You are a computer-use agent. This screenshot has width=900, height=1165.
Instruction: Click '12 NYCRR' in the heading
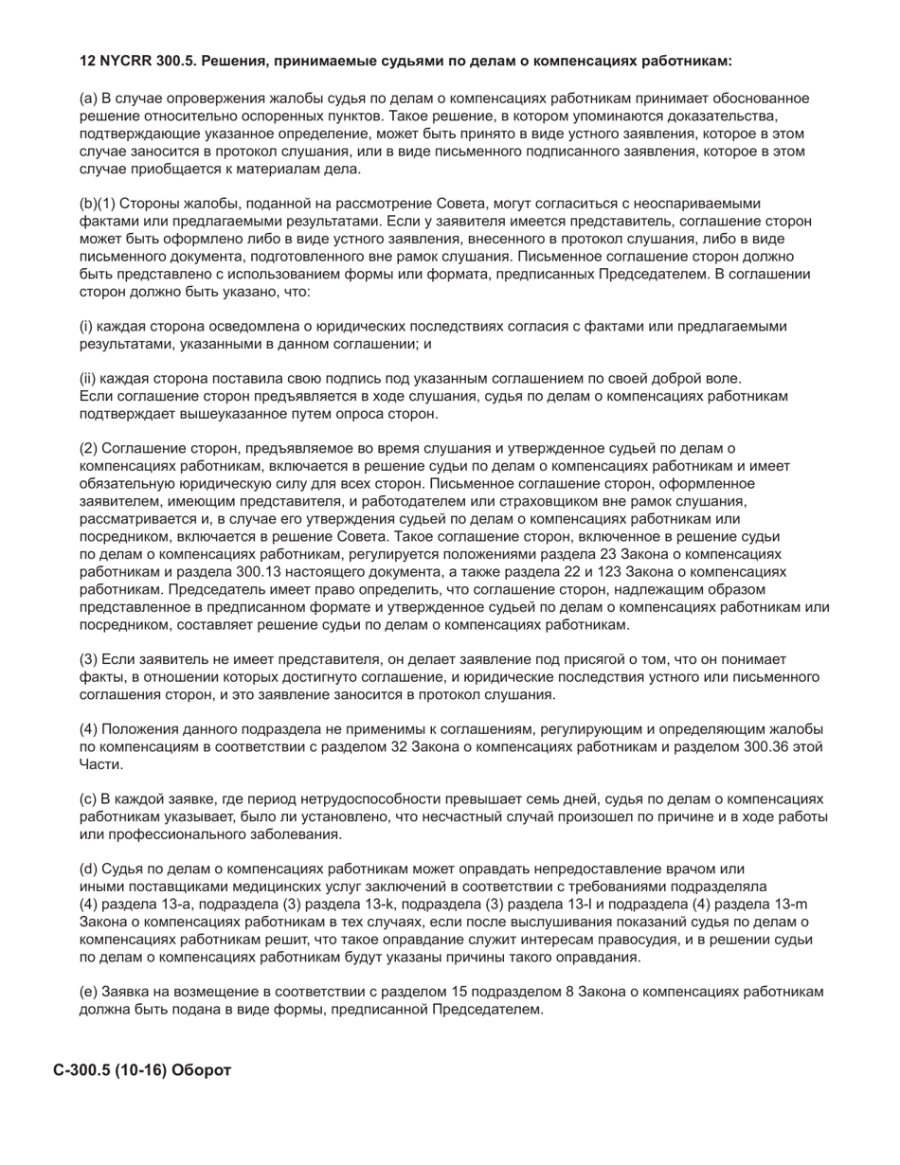(114, 62)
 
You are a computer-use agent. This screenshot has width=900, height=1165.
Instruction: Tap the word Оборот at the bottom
(202, 1069)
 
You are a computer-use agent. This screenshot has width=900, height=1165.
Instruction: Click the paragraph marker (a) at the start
(88, 99)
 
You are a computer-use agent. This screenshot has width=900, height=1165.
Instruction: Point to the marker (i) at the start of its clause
(85, 327)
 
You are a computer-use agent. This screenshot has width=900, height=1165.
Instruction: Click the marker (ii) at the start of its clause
(87, 379)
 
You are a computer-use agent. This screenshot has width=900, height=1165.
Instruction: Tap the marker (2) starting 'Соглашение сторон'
(88, 449)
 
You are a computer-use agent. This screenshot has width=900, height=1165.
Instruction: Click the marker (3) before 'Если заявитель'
(88, 659)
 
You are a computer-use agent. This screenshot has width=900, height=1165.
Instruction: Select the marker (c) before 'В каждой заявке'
(88, 799)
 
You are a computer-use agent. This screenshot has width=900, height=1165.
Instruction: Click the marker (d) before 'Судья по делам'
(88, 869)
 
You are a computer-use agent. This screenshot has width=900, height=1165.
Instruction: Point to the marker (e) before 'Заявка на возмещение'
(88, 992)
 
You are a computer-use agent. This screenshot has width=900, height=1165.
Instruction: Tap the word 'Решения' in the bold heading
(241, 62)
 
